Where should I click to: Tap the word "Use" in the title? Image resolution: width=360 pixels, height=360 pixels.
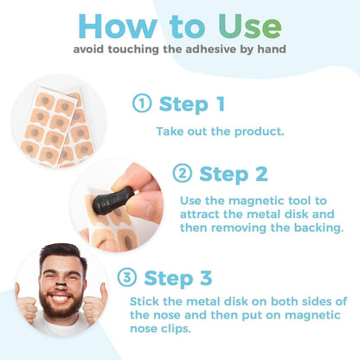point(246,26)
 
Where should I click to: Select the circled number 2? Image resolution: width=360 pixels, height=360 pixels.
point(183,174)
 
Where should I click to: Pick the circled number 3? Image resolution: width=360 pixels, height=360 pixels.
point(126,278)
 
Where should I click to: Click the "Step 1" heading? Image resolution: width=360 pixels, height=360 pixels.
point(192,105)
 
